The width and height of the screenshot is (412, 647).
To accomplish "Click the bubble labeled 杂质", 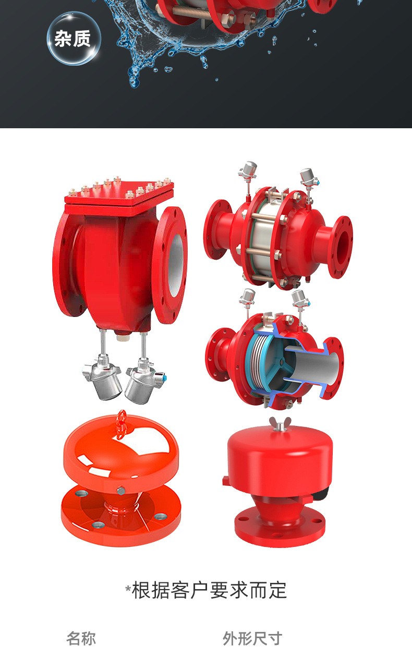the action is pyautogui.click(x=74, y=38).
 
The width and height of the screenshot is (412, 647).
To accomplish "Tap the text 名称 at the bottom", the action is pyautogui.click(x=81, y=638).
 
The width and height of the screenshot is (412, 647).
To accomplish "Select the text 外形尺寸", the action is pyautogui.click(x=252, y=638).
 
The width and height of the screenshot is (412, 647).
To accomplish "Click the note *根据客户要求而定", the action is pyautogui.click(x=206, y=590).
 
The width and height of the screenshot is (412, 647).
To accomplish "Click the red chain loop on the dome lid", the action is pyautogui.click(x=122, y=422).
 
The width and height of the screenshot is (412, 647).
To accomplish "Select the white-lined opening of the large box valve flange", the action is pyautogui.click(x=176, y=266).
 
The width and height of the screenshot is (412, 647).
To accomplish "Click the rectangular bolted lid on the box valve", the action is pyautogui.click(x=119, y=194).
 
